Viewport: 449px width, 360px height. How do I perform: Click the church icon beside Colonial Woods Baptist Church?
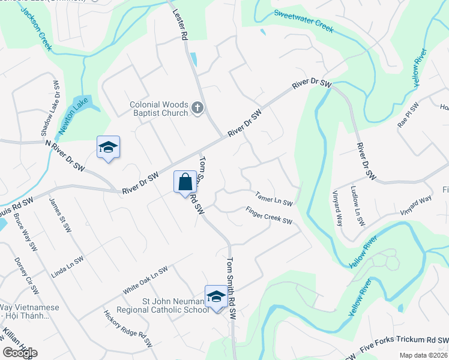[x=197, y=109]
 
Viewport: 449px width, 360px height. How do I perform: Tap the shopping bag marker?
[x=185, y=181]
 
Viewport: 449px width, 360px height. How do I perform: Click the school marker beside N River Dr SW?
[x=108, y=148]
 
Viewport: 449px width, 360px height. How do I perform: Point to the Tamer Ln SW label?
[x=273, y=197]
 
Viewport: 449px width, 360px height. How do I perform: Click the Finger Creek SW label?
[x=268, y=215]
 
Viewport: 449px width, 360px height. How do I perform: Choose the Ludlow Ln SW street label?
[x=357, y=206]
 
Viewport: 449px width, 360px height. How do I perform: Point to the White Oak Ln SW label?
[x=145, y=280]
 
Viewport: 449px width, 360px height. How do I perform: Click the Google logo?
[x=20, y=352]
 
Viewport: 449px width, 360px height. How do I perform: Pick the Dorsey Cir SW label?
[x=26, y=276]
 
